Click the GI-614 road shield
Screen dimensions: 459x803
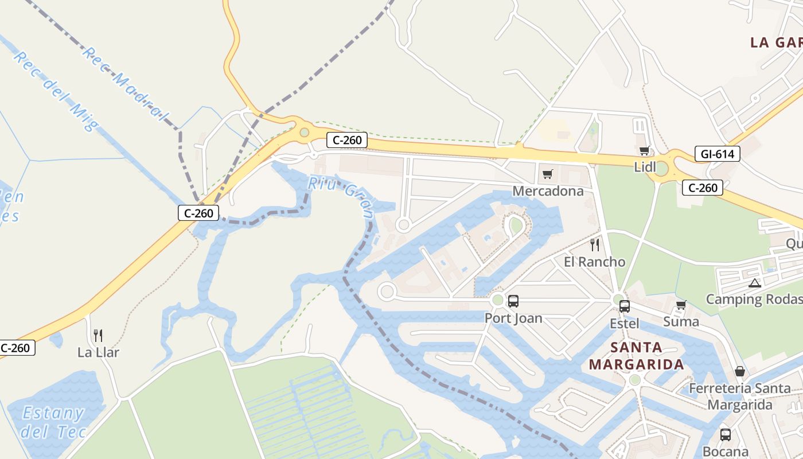[717, 154]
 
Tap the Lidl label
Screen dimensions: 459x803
[645, 167]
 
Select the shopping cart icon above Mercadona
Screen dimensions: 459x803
[547, 174]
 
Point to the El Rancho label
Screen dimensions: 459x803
[594, 262]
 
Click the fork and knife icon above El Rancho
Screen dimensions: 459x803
[595, 245]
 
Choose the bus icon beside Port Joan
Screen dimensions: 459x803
[513, 301]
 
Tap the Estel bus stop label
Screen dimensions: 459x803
[624, 323]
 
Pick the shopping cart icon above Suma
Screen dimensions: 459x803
[681, 305]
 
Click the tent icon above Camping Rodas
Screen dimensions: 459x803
[754, 283]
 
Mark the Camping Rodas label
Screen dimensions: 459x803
[754, 299]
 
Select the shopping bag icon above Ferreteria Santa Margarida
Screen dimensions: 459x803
[740, 371]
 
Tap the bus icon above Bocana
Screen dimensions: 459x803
[726, 434]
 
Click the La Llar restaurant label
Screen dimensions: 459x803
[98, 352]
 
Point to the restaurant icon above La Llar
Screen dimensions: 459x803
[98, 335]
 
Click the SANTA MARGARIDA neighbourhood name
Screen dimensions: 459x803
[636, 356]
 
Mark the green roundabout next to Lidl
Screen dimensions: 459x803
[661, 169]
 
